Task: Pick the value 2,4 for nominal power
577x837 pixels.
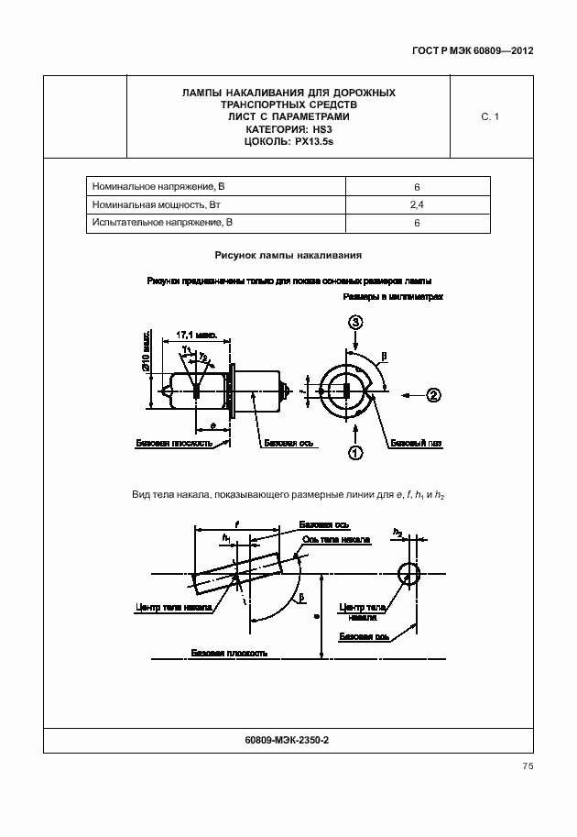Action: (417, 204)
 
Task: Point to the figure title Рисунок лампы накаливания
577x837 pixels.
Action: (288, 256)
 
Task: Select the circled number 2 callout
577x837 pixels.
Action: (432, 395)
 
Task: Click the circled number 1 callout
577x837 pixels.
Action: (355, 452)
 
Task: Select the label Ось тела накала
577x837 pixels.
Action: (336, 540)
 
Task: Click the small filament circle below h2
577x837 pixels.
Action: (408, 573)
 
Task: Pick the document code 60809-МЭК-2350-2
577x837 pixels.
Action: (288, 740)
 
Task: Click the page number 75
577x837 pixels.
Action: (527, 766)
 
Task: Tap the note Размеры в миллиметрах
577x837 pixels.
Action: (393, 298)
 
